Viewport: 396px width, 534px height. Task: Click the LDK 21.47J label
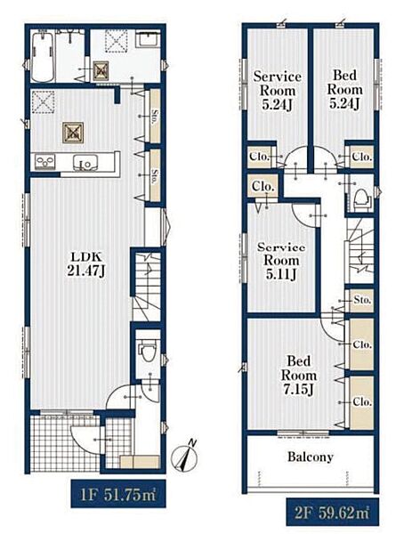(x=85, y=264)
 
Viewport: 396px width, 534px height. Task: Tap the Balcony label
(x=311, y=457)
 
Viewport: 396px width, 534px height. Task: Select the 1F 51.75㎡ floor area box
(x=118, y=493)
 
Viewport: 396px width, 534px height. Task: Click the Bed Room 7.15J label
(x=299, y=376)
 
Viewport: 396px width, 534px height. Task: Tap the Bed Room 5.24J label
(x=344, y=89)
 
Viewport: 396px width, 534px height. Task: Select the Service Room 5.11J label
(x=281, y=261)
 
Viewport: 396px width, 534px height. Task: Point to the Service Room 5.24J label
(x=277, y=90)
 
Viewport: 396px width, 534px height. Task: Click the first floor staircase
(x=147, y=286)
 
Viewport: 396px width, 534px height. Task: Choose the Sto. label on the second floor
(x=362, y=301)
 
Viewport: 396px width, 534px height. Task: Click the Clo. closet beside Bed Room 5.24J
(x=361, y=157)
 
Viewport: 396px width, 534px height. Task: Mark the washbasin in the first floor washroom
(x=149, y=39)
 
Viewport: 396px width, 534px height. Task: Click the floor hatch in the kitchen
(x=73, y=133)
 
